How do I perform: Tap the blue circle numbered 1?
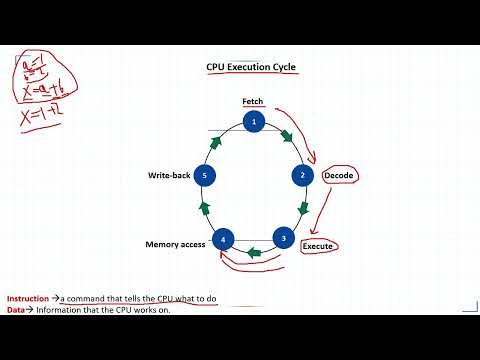point(254,122)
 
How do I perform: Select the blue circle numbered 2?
point(303,175)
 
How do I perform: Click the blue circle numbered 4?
point(225,239)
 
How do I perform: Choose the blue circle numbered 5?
point(205,175)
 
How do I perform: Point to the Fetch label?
point(252,101)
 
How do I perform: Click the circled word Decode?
point(339,176)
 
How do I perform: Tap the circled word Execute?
point(318,245)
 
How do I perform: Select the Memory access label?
point(175,244)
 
